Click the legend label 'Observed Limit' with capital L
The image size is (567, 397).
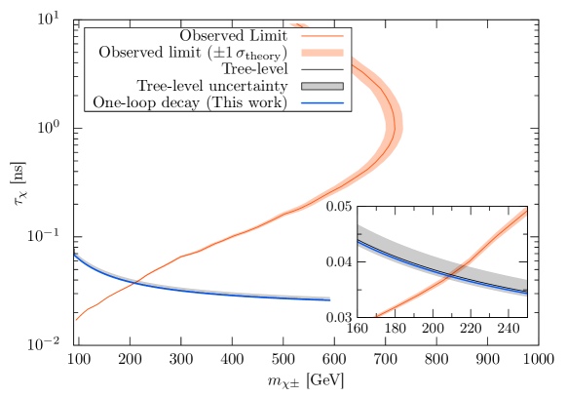(234, 36)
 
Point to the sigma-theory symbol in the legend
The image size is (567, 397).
(262, 54)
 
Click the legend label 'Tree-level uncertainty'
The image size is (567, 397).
(212, 86)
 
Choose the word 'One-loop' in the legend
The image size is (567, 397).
(123, 102)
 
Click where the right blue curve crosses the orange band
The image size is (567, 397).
(454, 273)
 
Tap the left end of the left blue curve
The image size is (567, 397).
(73, 255)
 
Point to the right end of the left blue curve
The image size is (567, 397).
(331, 300)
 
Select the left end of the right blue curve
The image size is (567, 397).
(358, 242)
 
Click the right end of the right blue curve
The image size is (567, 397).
(528, 293)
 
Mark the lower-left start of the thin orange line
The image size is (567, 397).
(76, 319)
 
